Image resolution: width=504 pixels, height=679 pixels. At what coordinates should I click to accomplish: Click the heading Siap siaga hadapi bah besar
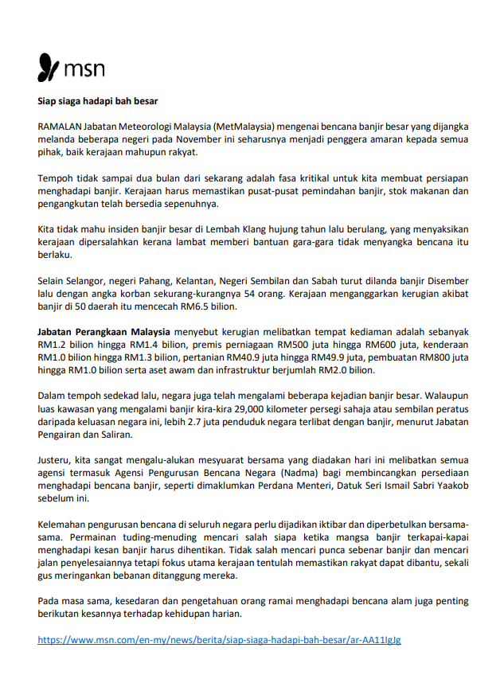pos(98,101)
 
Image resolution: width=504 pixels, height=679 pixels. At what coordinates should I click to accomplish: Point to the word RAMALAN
pos(59,127)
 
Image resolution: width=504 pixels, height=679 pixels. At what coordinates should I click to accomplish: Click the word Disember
pos(444,281)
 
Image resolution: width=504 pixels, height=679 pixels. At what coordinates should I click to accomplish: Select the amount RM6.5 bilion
pos(209,306)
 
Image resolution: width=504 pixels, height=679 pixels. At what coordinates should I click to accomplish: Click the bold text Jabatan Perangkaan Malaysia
pos(104,332)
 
